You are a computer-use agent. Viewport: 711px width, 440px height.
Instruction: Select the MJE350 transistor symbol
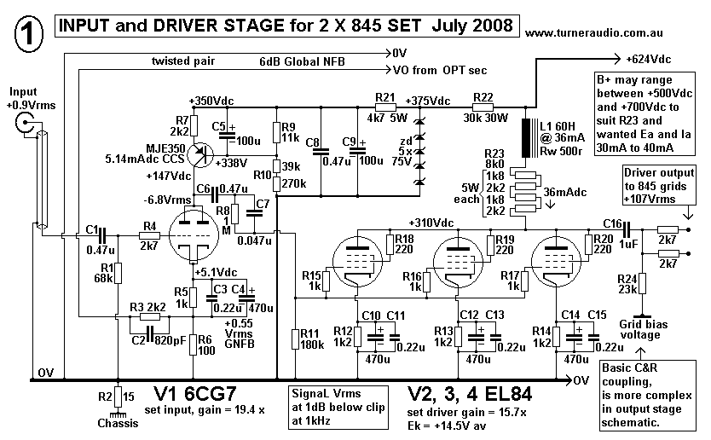point(202,153)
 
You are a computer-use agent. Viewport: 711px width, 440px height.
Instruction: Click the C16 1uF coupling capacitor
point(630,230)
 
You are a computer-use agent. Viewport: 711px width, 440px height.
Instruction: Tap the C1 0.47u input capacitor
point(101,233)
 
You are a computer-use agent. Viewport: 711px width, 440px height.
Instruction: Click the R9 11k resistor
point(275,131)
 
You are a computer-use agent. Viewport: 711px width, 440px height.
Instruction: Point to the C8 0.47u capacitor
point(320,153)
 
